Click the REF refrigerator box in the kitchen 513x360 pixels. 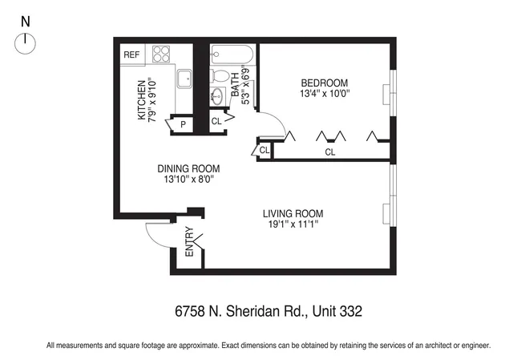(131, 55)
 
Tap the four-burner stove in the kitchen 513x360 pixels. (162, 55)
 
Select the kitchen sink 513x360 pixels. (184, 78)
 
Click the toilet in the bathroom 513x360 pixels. (220, 76)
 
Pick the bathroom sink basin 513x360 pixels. (217, 97)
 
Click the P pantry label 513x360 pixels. (183, 124)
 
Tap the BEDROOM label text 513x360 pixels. (324, 83)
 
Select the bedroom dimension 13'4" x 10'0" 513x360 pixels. (324, 94)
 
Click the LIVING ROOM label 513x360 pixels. (293, 213)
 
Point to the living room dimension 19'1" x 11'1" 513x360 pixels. (293, 224)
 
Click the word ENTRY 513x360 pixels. (190, 243)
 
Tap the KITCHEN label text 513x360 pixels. (141, 100)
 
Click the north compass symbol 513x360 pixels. (26, 43)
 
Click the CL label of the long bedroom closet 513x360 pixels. (330, 152)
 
